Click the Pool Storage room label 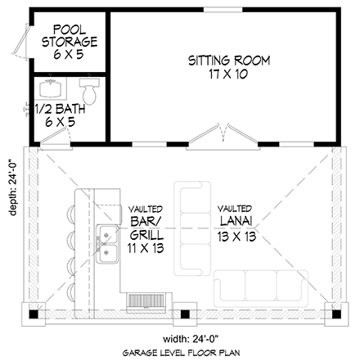[70, 42]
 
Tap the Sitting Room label [229, 67]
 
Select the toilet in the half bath [89, 92]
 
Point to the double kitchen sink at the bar [107, 244]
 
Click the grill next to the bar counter [146, 303]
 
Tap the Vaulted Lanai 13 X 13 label [236, 223]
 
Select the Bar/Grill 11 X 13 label [146, 229]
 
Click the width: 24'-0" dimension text [191, 340]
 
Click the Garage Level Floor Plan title [182, 353]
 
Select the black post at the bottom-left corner [34, 314]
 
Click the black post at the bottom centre [185, 314]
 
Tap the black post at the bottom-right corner [336, 314]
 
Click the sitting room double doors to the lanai [223, 138]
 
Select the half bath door [56, 139]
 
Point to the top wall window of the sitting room [223, 10]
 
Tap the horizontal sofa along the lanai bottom [261, 289]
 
